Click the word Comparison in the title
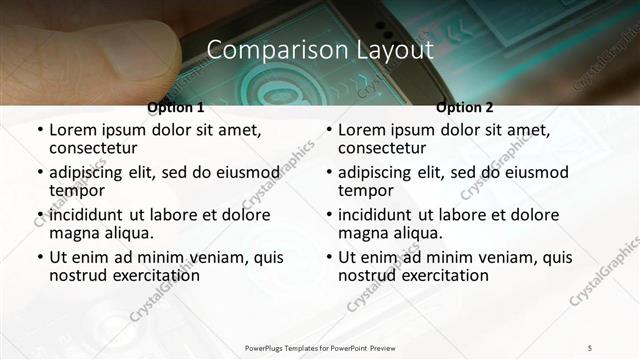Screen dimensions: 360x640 tap(262, 50)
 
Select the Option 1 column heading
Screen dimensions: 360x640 tap(175, 107)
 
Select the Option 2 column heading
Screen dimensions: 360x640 tap(465, 107)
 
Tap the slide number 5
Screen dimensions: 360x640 tap(590, 347)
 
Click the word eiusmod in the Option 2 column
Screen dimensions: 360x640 tap(535, 171)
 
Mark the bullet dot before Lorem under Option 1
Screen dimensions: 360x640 tap(40, 130)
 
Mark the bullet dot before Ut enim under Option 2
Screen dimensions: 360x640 tap(329, 258)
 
